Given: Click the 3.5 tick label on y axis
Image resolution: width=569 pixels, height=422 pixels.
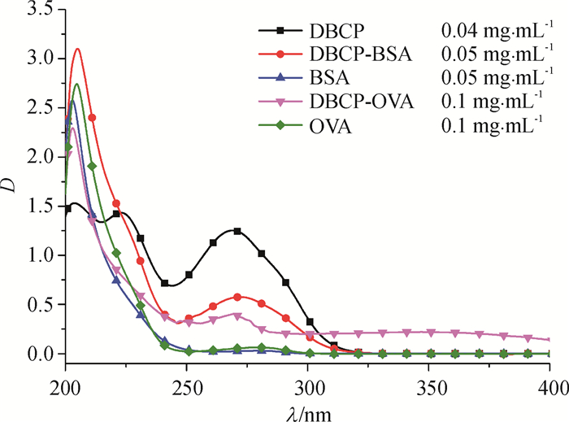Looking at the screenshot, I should pos(40,10).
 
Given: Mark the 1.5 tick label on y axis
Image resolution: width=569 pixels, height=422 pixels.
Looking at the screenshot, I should pos(40,207).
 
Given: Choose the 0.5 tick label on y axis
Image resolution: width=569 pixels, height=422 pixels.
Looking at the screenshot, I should pos(40,305).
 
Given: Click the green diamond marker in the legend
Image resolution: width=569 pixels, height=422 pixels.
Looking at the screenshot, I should pos(280,127).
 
